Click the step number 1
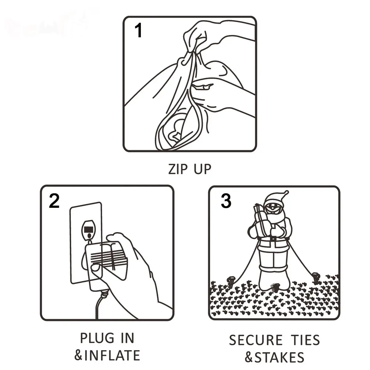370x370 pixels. pos(138,30)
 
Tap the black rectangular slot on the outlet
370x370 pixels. pos(88,229)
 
